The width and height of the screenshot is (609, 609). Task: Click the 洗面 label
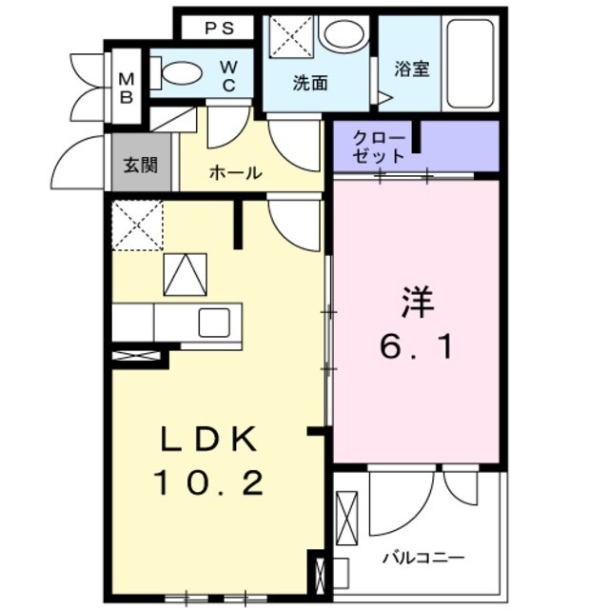(309, 83)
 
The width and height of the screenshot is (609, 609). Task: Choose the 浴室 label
(412, 69)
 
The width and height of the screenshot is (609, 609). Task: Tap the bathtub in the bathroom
(468, 63)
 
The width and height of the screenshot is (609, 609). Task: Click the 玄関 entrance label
(140, 165)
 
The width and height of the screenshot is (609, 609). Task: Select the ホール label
(234, 173)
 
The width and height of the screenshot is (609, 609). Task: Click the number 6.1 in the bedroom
(417, 347)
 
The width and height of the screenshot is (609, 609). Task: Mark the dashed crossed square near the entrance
(138, 226)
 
